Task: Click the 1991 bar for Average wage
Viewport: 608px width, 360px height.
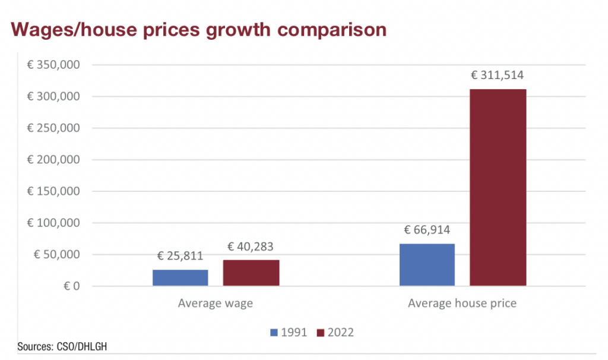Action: click(x=180, y=278)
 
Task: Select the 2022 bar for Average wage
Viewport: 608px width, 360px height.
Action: click(x=251, y=273)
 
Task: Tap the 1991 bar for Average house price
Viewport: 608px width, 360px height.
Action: click(x=427, y=265)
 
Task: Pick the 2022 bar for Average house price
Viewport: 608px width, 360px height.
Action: click(x=498, y=188)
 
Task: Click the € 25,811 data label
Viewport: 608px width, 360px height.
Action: click(x=180, y=257)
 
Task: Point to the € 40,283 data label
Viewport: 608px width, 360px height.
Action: click(x=251, y=246)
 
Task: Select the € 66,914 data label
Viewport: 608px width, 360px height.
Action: click(x=427, y=230)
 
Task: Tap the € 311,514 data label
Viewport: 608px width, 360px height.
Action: click(x=498, y=75)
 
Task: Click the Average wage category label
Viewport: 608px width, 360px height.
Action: click(x=216, y=303)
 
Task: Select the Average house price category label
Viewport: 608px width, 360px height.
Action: click(x=462, y=303)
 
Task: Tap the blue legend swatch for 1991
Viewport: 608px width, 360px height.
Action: click(x=274, y=333)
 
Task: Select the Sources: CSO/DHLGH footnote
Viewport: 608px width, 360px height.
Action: click(x=58, y=346)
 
